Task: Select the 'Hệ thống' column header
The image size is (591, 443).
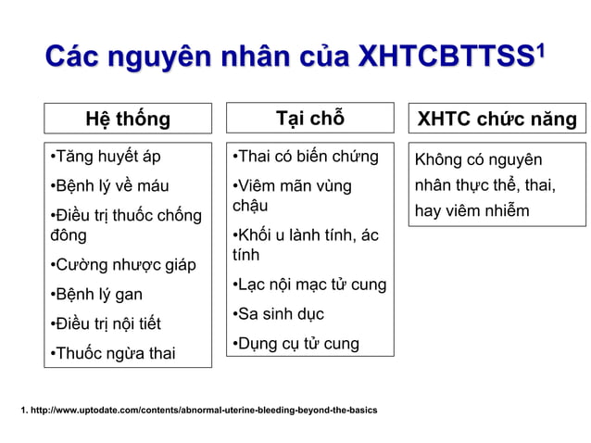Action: click(x=128, y=120)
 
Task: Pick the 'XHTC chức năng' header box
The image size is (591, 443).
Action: click(x=497, y=120)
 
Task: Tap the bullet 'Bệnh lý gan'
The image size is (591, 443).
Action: click(x=96, y=295)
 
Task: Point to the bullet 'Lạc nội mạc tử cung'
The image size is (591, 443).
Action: click(x=308, y=284)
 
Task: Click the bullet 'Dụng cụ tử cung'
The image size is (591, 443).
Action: click(x=295, y=344)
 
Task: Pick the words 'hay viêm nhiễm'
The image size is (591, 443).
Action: click(x=472, y=210)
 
